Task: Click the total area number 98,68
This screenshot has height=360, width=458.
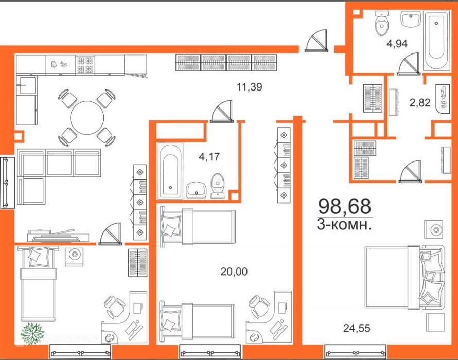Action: pos(345,206)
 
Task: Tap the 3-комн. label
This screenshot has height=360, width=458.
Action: pos(344,225)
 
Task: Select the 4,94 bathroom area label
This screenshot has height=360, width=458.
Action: pos(397,44)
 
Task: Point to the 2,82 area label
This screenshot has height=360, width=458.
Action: pos(420,102)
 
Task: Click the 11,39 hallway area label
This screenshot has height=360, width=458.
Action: pos(249,87)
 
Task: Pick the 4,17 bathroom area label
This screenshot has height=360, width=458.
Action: pos(209,157)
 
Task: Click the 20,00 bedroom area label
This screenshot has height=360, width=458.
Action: pos(234,272)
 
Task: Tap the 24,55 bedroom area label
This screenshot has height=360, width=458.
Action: pos(357,328)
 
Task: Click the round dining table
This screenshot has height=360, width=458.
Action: pos(87,117)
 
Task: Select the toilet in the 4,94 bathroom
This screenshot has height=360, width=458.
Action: pos(381,23)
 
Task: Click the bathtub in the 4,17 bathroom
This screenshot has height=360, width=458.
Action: pos(170,171)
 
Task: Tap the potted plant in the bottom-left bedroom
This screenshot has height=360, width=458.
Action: pos(32,333)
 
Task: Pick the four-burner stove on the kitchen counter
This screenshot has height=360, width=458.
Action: pos(85,65)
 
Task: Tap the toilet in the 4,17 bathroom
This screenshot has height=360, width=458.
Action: pos(217,186)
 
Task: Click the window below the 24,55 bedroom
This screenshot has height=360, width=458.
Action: pos(356,352)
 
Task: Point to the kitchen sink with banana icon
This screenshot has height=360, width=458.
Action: pos(60,64)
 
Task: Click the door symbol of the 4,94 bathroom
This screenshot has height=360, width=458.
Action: pos(409,64)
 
